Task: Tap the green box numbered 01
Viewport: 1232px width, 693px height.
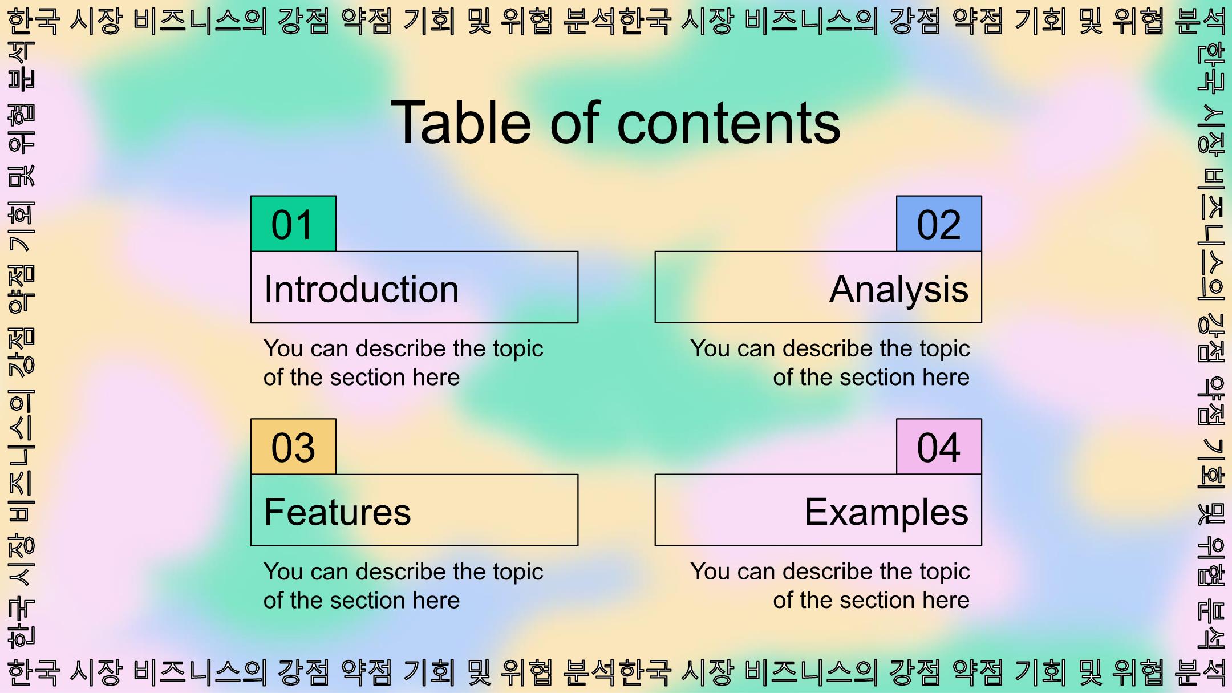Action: click(293, 224)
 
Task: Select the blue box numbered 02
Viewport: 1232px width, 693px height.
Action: click(939, 224)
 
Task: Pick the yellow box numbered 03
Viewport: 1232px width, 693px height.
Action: click(293, 447)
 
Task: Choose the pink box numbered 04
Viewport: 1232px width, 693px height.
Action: click(939, 447)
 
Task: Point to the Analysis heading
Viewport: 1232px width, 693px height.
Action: click(899, 290)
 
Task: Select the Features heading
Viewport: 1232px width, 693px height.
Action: click(338, 512)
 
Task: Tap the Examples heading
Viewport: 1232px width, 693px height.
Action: click(886, 513)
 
